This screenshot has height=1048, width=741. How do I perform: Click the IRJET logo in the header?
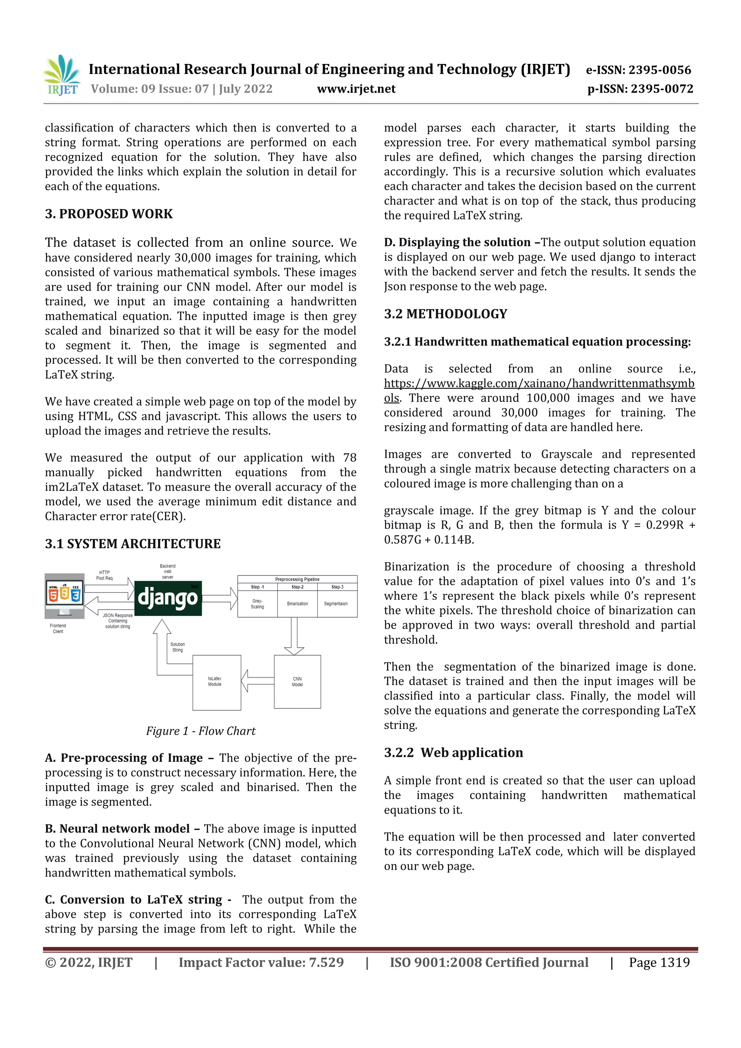click(61, 76)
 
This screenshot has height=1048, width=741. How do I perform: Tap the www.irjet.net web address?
click(356, 89)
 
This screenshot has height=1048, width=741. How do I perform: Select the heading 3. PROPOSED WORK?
click(109, 214)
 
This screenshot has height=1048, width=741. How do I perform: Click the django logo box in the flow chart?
click(168, 598)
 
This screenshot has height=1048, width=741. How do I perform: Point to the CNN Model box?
click(297, 682)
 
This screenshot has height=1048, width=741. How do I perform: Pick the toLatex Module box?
click(216, 682)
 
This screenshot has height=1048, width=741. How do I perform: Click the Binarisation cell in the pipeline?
click(297, 604)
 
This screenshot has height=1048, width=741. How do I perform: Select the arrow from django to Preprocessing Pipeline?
click(220, 598)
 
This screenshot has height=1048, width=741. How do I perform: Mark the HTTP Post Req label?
click(104, 575)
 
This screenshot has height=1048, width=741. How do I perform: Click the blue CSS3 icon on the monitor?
click(76, 595)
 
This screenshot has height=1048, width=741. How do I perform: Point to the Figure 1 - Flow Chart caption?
click(200, 731)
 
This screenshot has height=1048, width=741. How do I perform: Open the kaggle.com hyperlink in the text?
click(539, 383)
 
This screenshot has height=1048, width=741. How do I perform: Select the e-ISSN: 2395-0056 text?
click(638, 70)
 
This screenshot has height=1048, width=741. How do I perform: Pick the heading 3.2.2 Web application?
click(453, 753)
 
